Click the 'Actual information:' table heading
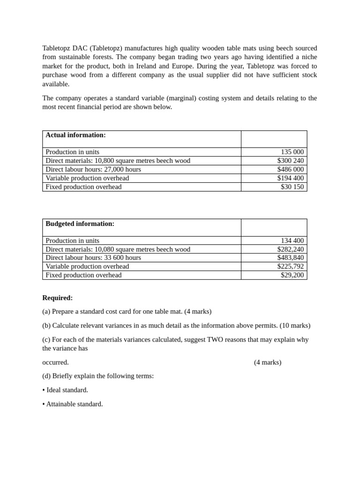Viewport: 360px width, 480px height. click(x=75, y=135)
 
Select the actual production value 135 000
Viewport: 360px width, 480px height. click(x=292, y=152)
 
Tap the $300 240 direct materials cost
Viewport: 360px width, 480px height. click(x=290, y=161)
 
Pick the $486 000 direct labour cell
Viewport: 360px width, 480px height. click(x=290, y=169)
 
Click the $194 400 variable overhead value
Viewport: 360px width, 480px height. click(x=290, y=178)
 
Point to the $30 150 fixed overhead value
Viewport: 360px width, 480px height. click(x=292, y=187)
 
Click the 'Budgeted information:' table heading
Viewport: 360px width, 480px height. click(x=80, y=224)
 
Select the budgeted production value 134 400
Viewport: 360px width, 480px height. click(x=292, y=240)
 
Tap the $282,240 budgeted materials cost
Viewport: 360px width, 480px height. click(x=290, y=249)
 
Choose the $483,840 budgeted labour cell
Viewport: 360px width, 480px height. click(x=290, y=258)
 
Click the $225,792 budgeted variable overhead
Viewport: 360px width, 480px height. click(x=290, y=266)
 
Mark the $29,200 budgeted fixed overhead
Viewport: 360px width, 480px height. click(x=292, y=275)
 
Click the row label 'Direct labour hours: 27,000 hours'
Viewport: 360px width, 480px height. click(x=93, y=169)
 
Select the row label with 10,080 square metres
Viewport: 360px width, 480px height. click(x=118, y=249)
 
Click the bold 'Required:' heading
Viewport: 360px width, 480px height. click(x=57, y=298)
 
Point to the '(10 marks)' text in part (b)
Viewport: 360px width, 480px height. click(x=295, y=325)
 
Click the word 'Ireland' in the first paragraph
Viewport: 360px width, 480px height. click(x=147, y=66)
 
